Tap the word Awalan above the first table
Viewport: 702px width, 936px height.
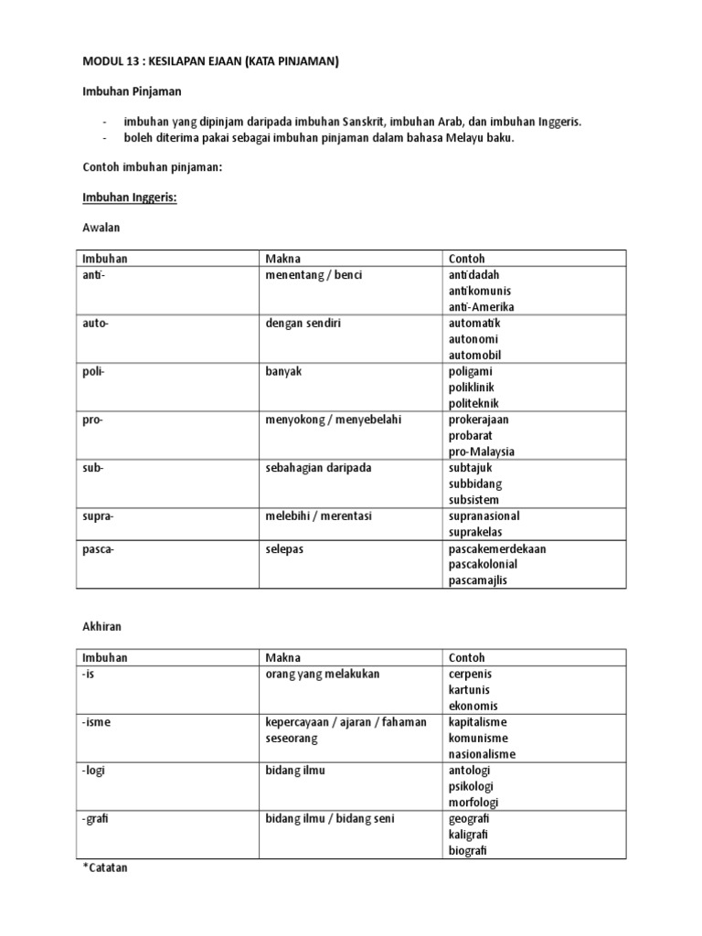point(101,226)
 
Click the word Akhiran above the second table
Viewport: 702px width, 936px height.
point(101,627)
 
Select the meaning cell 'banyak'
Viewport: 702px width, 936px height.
point(284,371)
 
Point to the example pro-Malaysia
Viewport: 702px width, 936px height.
point(482,452)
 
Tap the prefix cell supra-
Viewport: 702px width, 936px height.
point(98,516)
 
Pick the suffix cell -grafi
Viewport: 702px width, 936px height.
point(96,818)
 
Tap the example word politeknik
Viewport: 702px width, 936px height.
point(473,403)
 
